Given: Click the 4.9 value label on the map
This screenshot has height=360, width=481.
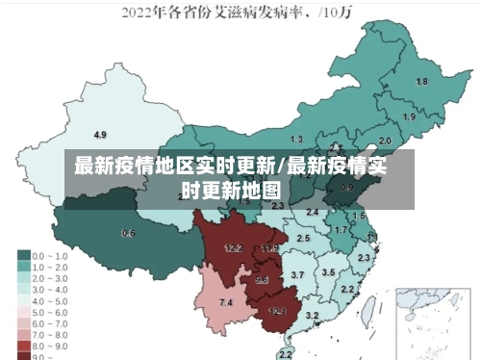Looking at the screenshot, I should (100, 134).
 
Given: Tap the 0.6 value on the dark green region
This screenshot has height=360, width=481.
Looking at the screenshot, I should (128, 233).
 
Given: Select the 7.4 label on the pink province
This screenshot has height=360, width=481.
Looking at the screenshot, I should (226, 303).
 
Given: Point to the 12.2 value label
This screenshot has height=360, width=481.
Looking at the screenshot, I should (233, 247).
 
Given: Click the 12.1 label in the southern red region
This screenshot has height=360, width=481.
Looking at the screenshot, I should (277, 311).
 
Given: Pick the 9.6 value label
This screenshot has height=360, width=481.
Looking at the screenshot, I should (262, 280).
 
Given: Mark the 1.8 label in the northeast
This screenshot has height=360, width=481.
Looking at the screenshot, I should (421, 82).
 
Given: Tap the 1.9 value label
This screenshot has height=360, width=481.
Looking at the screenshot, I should (409, 116).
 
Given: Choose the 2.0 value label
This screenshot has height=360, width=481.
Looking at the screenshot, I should (385, 141).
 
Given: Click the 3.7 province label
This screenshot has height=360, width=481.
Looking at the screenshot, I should (297, 275).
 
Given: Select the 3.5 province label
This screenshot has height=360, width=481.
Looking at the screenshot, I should (328, 272).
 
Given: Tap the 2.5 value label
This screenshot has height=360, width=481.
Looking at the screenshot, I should (303, 238).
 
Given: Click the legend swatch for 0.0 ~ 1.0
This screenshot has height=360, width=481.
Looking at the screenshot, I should (22, 256).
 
